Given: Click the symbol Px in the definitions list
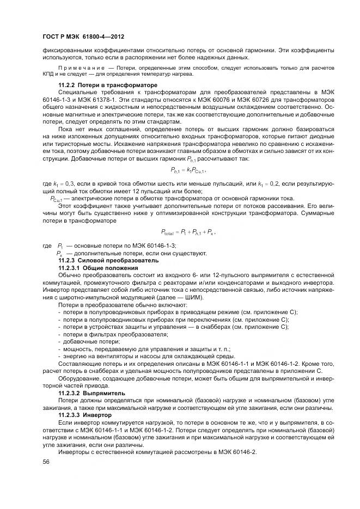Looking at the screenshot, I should pos(60,254).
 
